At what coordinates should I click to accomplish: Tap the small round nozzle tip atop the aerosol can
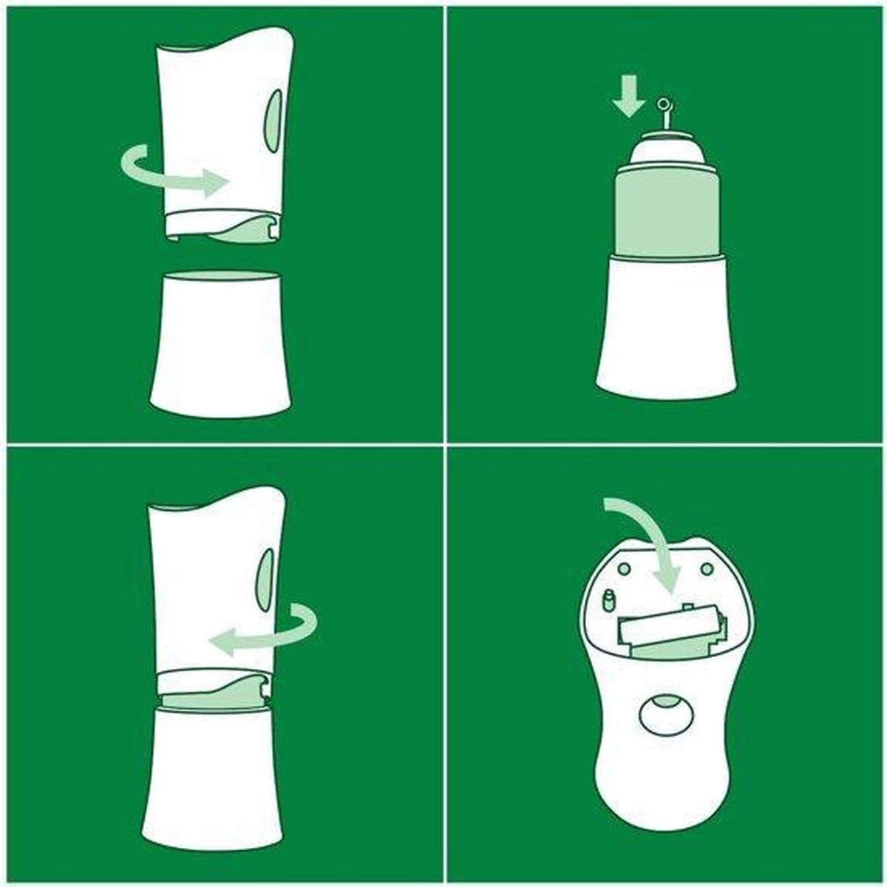[665, 105]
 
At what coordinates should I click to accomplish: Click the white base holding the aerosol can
[669, 325]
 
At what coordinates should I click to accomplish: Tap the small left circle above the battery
[624, 567]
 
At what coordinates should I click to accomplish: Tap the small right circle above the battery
[707, 568]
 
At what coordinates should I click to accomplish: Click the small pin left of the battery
[610, 600]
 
